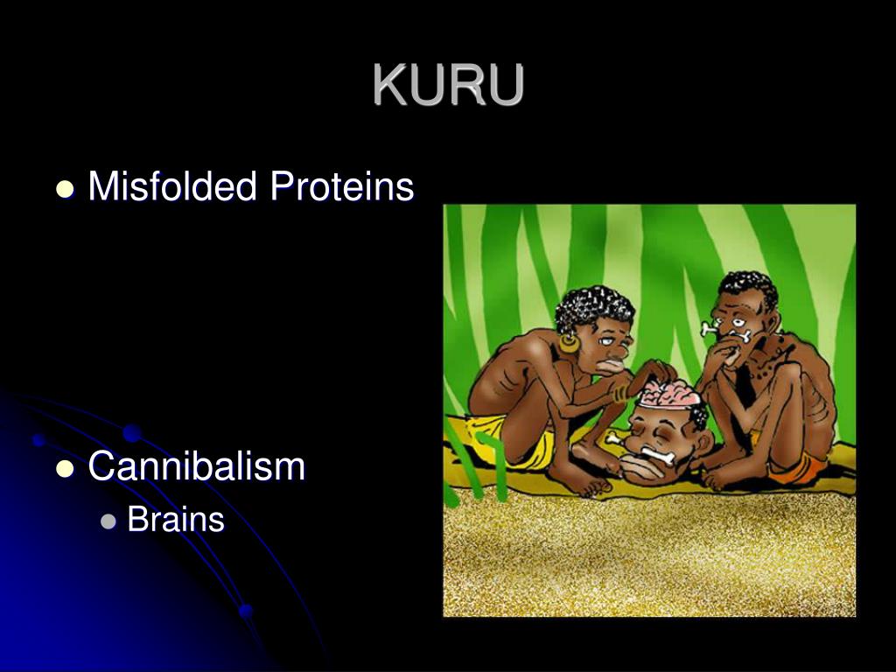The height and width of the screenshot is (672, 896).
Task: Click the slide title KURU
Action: [448, 85]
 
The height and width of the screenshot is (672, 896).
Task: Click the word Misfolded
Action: [172, 186]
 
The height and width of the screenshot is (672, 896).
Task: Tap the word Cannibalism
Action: [197, 466]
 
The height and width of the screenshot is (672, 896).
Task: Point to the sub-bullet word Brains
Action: [176, 520]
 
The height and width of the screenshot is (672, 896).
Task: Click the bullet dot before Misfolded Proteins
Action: [64, 189]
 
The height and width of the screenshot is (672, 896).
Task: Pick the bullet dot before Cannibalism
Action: [64, 469]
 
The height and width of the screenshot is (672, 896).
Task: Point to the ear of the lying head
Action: [696, 429]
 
